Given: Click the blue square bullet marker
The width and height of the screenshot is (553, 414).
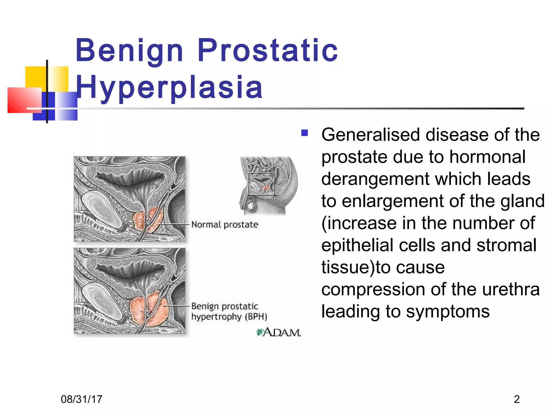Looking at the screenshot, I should coord(305,133).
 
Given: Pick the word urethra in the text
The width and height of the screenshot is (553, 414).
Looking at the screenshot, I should coord(511,289).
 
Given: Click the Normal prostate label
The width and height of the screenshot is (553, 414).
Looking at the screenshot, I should coord(225,225).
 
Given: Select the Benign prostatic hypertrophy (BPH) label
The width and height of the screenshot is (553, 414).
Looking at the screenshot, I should coord(229,311).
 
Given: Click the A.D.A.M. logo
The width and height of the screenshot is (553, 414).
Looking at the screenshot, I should coord(279,332).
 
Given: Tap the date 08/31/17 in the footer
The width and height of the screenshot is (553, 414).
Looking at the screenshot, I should coord(82,399).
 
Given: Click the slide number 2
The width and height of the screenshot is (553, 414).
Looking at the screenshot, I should coord(517,399).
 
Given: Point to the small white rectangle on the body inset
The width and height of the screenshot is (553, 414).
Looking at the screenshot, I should coord(261,184).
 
